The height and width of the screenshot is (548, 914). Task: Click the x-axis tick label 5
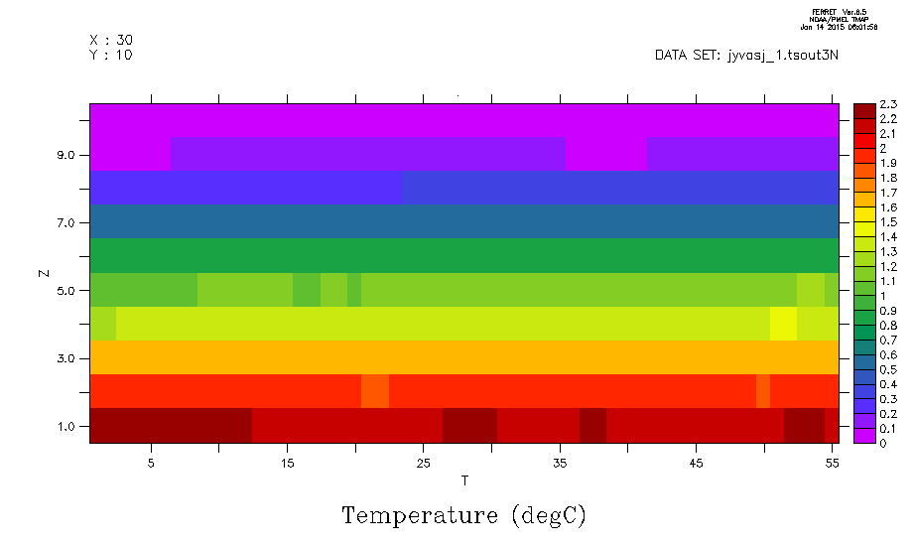[x=151, y=464]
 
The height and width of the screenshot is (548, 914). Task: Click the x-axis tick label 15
[x=288, y=464]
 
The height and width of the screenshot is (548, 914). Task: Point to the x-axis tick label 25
[x=424, y=464]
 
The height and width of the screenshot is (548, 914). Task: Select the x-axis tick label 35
[x=561, y=464]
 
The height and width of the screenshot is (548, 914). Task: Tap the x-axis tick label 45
[x=697, y=464]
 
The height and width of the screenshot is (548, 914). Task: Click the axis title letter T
[x=464, y=481]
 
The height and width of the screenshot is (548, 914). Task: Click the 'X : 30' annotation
[x=111, y=40]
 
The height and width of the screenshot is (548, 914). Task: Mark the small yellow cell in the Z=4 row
[x=783, y=324]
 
